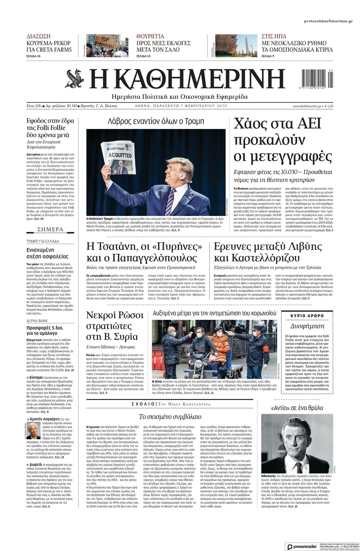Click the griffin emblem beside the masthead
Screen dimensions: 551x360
(x=75, y=78)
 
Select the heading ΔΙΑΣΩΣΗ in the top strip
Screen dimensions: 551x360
(x=39, y=37)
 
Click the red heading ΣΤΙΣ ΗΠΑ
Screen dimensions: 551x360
(x=274, y=37)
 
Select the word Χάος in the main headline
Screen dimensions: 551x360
(x=250, y=123)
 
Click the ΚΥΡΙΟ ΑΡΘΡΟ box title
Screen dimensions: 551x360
(x=307, y=316)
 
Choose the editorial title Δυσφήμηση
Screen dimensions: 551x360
(x=307, y=325)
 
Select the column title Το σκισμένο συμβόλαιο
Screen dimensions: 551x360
(x=170, y=416)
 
